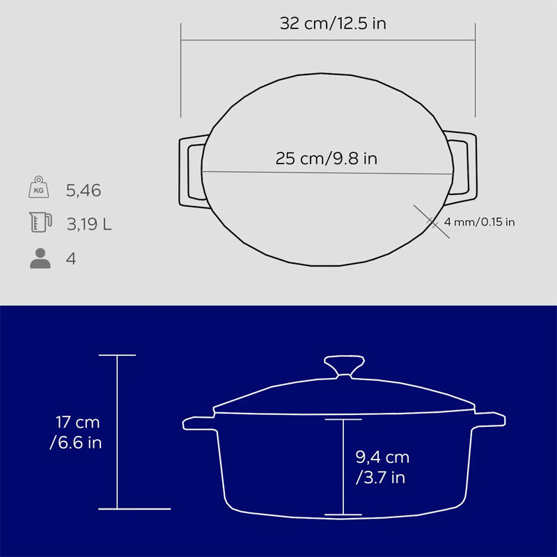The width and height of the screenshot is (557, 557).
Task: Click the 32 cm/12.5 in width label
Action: (x=333, y=24)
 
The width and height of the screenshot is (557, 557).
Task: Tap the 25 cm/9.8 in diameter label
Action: (x=326, y=159)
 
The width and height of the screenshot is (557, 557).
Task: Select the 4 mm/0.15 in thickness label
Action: (x=479, y=222)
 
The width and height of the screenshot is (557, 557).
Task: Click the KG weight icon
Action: (x=39, y=187)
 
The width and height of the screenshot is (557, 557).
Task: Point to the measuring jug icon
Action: (x=40, y=222)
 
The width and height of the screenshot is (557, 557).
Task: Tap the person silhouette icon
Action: (x=40, y=258)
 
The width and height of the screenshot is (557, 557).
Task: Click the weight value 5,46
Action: (x=84, y=191)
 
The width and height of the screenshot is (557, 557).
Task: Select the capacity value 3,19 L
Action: (x=89, y=224)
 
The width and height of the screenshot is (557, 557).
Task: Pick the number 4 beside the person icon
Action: (x=71, y=258)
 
